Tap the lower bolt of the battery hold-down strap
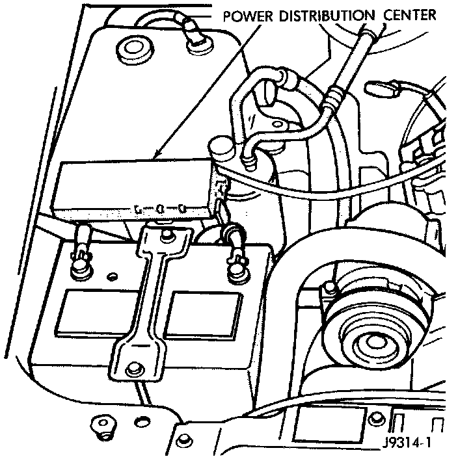click(135, 369)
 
